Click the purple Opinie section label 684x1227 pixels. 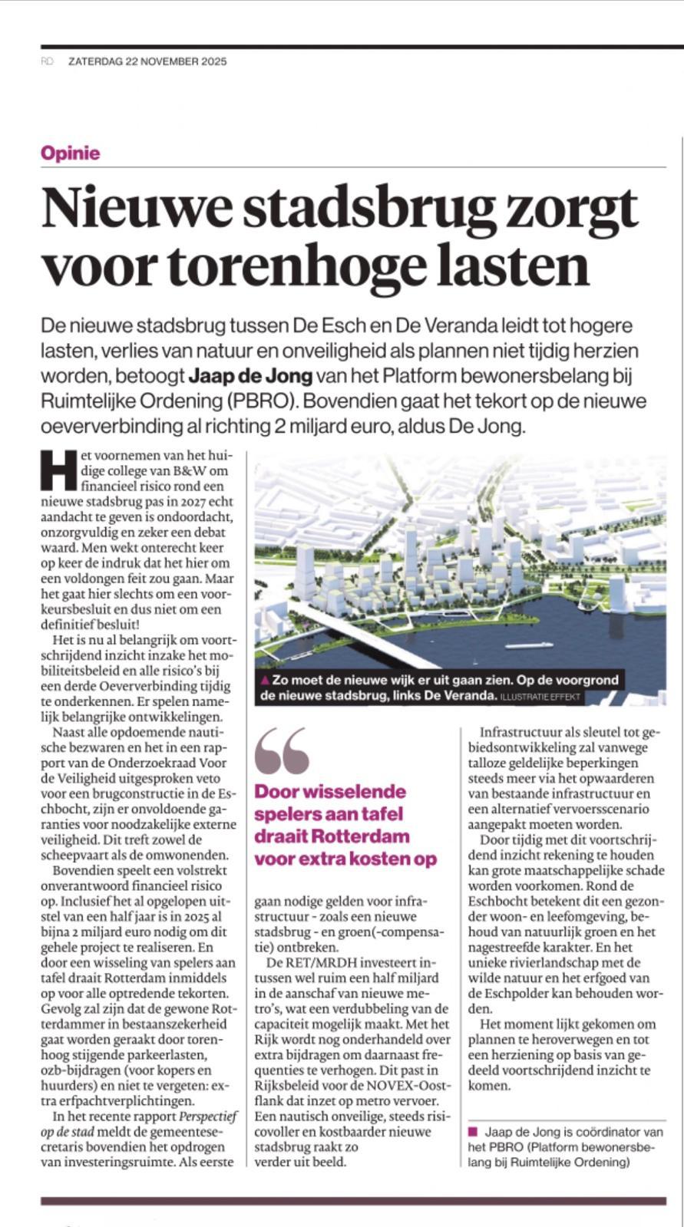coord(71,153)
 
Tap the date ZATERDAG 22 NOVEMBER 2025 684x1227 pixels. coord(147,61)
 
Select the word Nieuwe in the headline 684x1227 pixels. coord(125,208)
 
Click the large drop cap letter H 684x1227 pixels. coord(59,469)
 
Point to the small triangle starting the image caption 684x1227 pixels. coord(265,680)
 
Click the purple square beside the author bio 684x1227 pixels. coord(472,1131)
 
